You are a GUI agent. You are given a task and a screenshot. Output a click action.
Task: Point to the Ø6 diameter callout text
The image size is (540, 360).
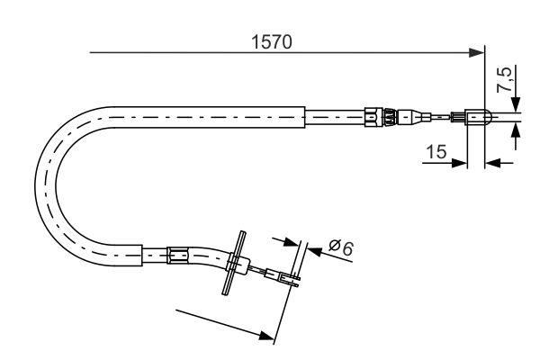coord(340,247)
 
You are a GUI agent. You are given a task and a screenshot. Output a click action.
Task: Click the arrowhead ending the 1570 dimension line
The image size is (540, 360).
coord(477,54)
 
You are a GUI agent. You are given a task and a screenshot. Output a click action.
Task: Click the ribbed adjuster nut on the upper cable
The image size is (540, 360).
coord(377,115)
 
